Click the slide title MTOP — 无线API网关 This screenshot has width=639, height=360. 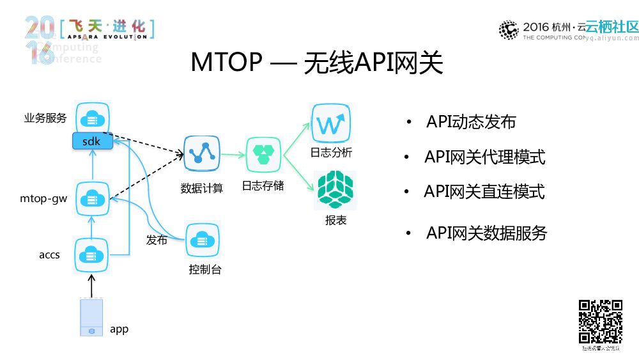(x=317, y=63)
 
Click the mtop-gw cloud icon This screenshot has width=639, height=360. (x=93, y=199)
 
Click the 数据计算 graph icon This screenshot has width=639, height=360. (x=202, y=154)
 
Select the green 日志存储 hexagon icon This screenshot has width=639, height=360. (x=263, y=154)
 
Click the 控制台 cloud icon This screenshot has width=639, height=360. (x=203, y=240)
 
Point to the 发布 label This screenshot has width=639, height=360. (x=157, y=240)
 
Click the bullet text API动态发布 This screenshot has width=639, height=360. (x=471, y=122)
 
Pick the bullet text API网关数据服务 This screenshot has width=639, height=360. (x=486, y=233)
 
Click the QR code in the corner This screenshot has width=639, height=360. (x=600, y=322)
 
